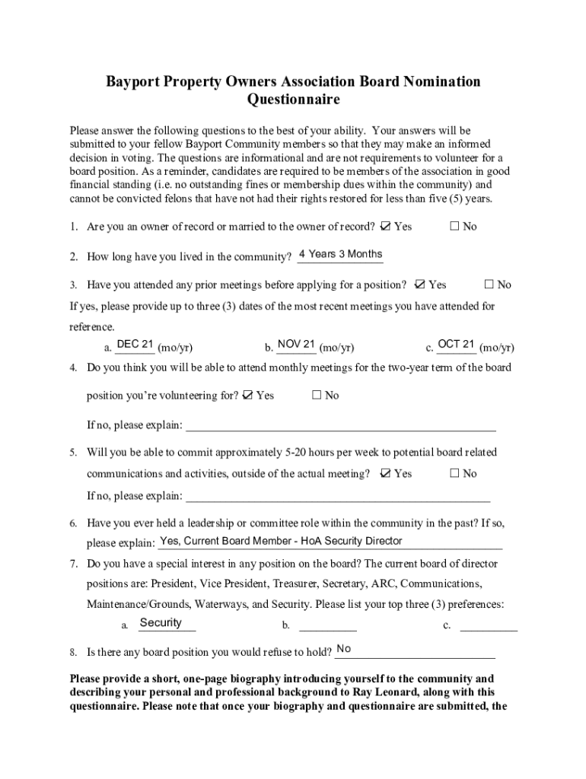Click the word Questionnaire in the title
pos(293,100)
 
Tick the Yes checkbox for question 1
pos(385,226)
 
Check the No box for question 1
pos(454,226)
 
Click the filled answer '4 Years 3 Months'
pos(341,254)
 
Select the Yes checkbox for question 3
pos(419,285)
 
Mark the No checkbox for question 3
pos(489,285)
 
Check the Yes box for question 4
pos(247,395)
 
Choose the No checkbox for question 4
pos(317,395)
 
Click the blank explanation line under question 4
pos(341,425)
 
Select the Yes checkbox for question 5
pos(385,473)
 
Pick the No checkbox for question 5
pos(454,473)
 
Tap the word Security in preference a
pos(161,622)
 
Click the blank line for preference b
pos(328,627)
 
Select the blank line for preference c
pos(489,627)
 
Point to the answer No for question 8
pos(344,648)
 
